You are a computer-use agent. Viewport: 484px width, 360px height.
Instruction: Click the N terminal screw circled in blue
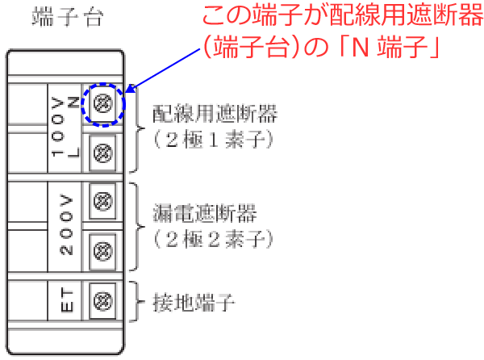pos(102,103)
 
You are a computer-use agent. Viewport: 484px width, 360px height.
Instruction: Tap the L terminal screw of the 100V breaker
pos(102,153)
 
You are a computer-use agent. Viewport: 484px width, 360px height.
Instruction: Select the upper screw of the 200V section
pos(102,201)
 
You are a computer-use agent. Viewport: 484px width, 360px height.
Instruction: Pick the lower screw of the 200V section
pos(102,251)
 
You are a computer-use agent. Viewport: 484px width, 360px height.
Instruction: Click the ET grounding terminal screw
pos(102,301)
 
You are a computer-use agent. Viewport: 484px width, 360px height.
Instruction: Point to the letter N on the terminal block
pos(73,103)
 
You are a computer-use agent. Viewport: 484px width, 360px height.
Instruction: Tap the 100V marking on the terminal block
pos(58,128)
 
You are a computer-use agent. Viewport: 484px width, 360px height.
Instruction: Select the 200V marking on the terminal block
pos(66,224)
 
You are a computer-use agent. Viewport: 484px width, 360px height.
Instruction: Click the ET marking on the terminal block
pos(67,300)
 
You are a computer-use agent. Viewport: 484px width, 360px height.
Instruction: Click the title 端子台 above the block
pos(67,17)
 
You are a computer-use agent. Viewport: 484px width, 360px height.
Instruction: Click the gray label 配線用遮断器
pos(215,114)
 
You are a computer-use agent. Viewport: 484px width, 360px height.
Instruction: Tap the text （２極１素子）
pos(213,140)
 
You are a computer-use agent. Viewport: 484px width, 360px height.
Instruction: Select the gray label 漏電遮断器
pos(205,213)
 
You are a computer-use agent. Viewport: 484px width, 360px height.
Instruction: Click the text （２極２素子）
pos(213,239)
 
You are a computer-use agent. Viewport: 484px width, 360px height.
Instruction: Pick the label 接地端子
pos(194,303)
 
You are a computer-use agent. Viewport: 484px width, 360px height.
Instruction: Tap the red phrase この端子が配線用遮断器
pos(343,15)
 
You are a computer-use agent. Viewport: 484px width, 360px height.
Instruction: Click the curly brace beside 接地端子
pos(138,301)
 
